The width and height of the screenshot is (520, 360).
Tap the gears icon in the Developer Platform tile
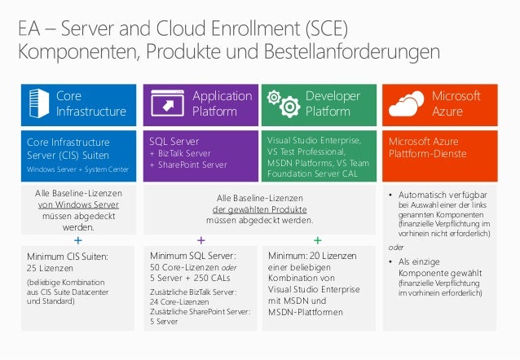click(284, 103)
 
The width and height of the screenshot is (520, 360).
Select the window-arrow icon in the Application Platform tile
click(168, 105)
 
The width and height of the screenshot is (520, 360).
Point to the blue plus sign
click(77, 241)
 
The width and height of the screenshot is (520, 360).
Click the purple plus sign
click(201, 241)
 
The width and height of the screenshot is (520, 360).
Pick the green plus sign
click(318, 241)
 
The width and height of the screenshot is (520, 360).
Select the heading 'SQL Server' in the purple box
click(174, 141)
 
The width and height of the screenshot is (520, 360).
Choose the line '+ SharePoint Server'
click(187, 165)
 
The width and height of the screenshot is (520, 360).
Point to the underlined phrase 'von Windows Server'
click(77, 204)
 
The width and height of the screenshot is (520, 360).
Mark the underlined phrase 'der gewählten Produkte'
click(259, 209)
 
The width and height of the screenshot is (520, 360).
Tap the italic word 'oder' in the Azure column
click(395, 247)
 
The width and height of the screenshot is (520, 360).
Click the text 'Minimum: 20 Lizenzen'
click(312, 257)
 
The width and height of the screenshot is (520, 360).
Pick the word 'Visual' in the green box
click(280, 140)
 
